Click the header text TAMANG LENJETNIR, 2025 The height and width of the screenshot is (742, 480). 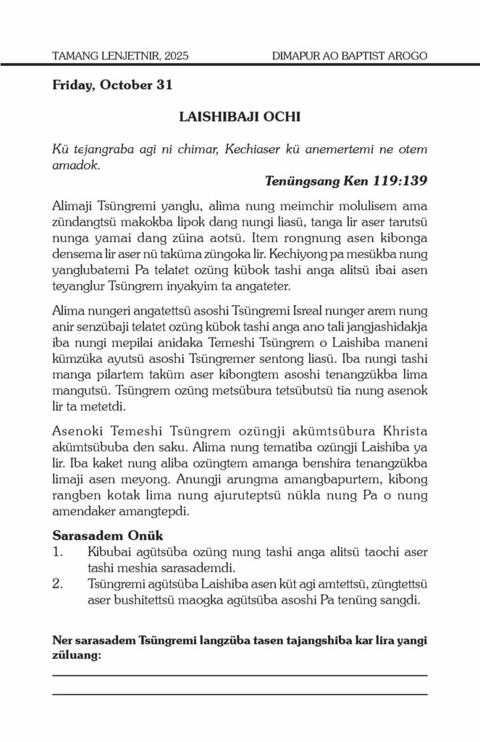point(120,55)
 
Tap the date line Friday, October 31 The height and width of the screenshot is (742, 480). point(112,85)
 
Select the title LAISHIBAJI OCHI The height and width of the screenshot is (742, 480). point(240,116)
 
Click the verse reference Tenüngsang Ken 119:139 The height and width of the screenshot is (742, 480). point(346,180)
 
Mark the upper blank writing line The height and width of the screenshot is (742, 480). point(240,675)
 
